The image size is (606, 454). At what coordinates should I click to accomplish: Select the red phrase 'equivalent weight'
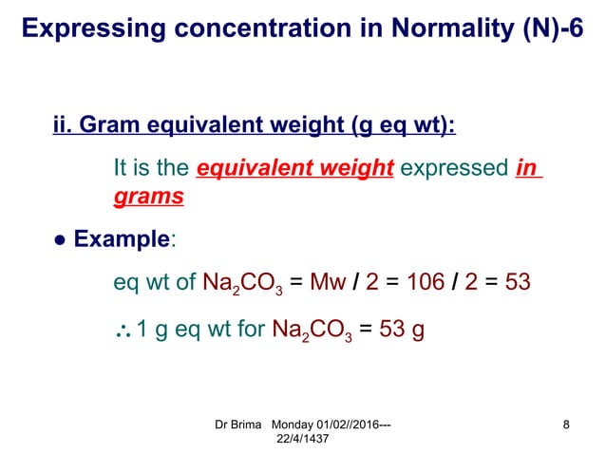click(294, 169)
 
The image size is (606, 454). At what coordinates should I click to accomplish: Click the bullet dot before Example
click(59, 240)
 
